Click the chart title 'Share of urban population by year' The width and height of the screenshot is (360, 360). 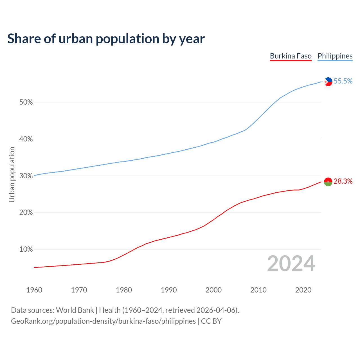point(106,39)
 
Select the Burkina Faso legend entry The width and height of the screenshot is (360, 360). point(291,56)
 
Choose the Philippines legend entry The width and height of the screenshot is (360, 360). point(335,56)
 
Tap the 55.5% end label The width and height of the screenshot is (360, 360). point(343,81)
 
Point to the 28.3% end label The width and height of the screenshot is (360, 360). point(343,181)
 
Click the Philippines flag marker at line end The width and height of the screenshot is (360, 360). point(328,82)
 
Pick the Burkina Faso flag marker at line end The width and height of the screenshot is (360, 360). point(328,182)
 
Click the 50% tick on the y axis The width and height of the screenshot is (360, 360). point(26,102)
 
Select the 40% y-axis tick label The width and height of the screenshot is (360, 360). point(26,139)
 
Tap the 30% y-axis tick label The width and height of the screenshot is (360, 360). point(26,176)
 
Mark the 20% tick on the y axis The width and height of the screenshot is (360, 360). point(26,213)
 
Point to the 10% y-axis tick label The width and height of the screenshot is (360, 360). point(26,249)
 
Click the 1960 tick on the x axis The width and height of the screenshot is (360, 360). point(34,290)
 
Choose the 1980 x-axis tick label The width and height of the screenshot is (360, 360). point(124,290)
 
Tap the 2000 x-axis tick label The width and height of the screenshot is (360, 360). point(213,290)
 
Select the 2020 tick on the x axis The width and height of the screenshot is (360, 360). point(303,290)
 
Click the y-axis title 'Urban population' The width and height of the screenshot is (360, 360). point(12,174)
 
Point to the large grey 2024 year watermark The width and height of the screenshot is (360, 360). point(291,264)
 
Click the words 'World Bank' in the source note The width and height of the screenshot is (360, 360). point(75,310)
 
